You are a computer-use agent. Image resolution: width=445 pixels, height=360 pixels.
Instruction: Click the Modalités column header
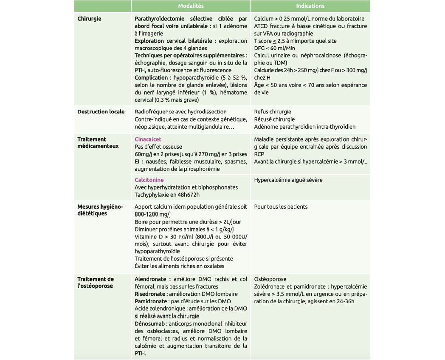tap(191, 6)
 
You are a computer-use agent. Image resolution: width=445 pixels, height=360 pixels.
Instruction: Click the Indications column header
tap(310, 6)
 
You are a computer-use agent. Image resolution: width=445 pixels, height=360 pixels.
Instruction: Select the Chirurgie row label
tap(89, 19)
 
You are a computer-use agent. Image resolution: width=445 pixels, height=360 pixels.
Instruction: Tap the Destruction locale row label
tap(101, 112)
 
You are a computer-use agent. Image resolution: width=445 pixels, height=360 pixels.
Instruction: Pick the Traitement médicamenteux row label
tap(98, 143)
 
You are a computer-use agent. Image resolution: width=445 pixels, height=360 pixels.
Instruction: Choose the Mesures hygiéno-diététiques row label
tap(100, 210)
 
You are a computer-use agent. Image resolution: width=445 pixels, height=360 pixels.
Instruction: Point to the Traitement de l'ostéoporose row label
tap(96, 283)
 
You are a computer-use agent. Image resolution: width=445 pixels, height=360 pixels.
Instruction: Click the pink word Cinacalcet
tap(148, 139)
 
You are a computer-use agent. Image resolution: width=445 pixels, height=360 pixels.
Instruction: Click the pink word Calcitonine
tap(149, 180)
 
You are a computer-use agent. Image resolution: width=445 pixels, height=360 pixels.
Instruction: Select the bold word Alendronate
tap(151, 279)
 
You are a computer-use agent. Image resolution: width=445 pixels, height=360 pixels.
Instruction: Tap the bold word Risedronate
tap(150, 294)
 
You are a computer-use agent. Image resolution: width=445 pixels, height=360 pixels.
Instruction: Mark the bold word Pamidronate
tap(150, 301)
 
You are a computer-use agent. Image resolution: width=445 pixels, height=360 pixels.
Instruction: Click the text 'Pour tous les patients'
tap(281, 207)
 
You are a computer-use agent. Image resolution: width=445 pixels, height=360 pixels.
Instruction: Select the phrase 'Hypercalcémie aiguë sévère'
tap(288, 180)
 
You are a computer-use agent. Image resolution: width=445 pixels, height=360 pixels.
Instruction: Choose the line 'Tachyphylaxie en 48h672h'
tap(167, 195)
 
